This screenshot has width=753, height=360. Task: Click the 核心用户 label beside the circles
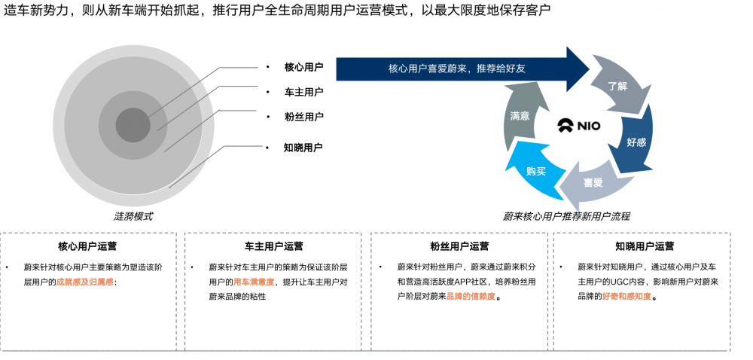303,67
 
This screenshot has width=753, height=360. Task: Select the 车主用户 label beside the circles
303,92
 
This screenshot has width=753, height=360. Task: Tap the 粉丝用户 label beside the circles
303,117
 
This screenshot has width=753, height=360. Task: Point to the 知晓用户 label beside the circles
303,148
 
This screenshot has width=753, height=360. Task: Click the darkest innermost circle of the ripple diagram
133,125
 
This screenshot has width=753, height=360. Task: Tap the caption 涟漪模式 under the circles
133,216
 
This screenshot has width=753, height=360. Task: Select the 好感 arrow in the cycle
637,141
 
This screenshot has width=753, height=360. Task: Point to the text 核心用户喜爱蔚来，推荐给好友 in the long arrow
457,69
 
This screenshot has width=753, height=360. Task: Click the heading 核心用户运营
87,246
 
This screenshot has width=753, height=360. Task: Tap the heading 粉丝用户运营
459,246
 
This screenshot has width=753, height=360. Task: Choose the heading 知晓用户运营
645,246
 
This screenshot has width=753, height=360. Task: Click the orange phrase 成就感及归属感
85,282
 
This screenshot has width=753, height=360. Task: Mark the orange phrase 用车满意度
254,282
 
